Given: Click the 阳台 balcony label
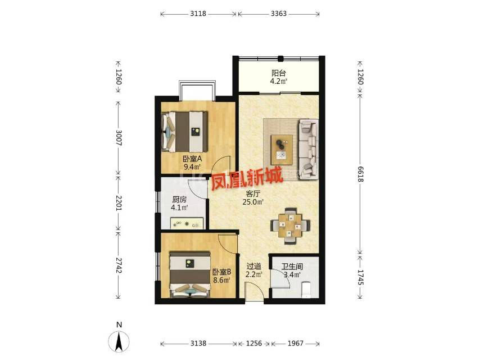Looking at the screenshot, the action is pyautogui.click(x=279, y=73).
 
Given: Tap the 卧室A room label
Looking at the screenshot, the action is pyautogui.click(x=192, y=159).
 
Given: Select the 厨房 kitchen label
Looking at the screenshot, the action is pyautogui.click(x=179, y=200).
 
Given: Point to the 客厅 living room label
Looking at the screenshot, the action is pyautogui.click(x=253, y=194).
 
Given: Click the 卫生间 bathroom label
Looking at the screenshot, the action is pyautogui.click(x=292, y=267).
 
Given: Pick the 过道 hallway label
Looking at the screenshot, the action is pyautogui.click(x=254, y=267).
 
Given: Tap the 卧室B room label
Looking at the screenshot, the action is pyautogui.click(x=221, y=272).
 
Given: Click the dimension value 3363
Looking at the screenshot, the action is pyautogui.click(x=279, y=13).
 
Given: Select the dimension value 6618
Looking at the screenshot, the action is pyautogui.click(x=360, y=174).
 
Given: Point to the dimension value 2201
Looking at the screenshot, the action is pyautogui.click(x=119, y=203).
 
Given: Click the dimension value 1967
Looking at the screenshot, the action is pyautogui.click(x=296, y=344).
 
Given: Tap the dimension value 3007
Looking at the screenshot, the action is pyautogui.click(x=119, y=138).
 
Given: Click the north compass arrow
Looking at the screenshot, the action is pyautogui.click(x=119, y=341).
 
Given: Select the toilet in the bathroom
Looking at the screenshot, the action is pyautogui.click(x=306, y=290).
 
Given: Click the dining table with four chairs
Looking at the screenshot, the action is pyautogui.click(x=290, y=226).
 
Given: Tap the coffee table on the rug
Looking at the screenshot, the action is pyautogui.click(x=282, y=148).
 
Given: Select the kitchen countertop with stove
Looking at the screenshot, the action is pyautogui.click(x=187, y=223).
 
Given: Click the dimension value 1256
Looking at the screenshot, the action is pyautogui.click(x=254, y=344).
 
